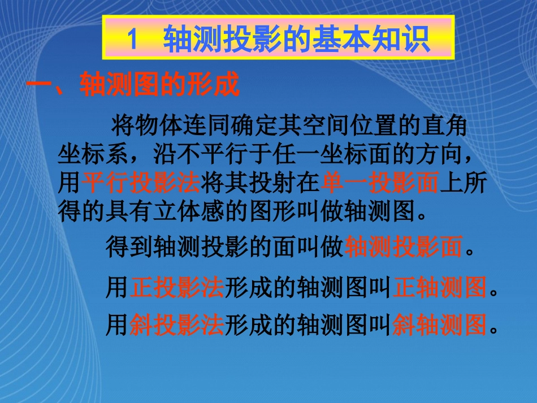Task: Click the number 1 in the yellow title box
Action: pos(132,40)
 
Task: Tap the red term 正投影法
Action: pos(177,288)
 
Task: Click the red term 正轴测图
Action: pos(439,288)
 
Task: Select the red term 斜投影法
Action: pos(177,326)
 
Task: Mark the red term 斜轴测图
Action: pos(439,326)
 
